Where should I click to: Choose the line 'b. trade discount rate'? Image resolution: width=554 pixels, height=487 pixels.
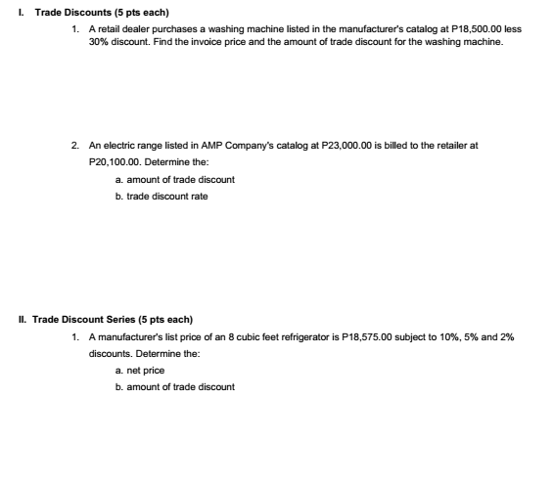[162, 196]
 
